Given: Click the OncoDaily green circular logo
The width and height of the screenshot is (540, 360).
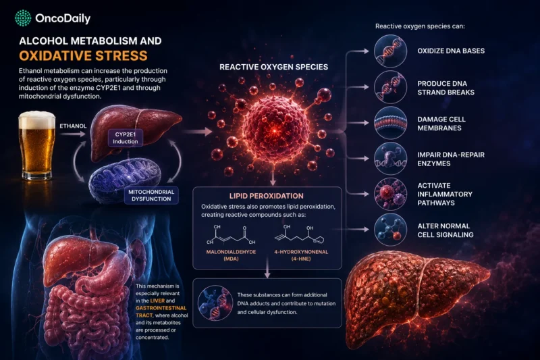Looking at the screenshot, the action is [x=23, y=18].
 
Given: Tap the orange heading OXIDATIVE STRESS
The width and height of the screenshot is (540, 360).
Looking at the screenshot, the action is [x=83, y=56].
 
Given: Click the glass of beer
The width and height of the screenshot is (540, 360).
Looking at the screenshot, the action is [x=37, y=146].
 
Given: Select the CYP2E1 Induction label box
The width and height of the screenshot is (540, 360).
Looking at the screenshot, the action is [x=126, y=138].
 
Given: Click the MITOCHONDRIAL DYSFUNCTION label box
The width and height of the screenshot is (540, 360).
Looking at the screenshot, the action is [x=151, y=195].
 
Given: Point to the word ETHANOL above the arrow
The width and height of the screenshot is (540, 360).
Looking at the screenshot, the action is [x=73, y=126].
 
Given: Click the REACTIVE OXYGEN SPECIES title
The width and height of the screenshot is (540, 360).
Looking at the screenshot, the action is [x=274, y=67].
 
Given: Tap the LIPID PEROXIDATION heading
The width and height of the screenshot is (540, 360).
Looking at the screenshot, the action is [x=267, y=196].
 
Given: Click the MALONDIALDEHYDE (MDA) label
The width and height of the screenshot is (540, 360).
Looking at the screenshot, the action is [x=231, y=255].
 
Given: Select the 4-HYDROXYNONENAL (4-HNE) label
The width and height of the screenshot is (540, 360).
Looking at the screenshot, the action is [x=301, y=255].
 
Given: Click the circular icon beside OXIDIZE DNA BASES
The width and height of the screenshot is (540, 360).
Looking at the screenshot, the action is [x=390, y=51].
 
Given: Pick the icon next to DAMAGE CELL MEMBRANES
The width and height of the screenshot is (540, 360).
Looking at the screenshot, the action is [x=390, y=123].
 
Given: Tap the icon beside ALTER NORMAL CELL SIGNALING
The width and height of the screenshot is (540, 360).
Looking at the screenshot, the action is [x=390, y=230].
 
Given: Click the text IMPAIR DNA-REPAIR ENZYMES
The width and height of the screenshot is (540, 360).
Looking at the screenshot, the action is [x=451, y=159].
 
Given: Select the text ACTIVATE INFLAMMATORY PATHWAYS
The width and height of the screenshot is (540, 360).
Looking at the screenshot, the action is [x=445, y=195].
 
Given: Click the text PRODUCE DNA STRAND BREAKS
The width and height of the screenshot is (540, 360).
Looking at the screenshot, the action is [x=446, y=88].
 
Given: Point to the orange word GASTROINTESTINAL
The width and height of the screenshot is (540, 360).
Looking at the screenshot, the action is [x=161, y=308].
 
